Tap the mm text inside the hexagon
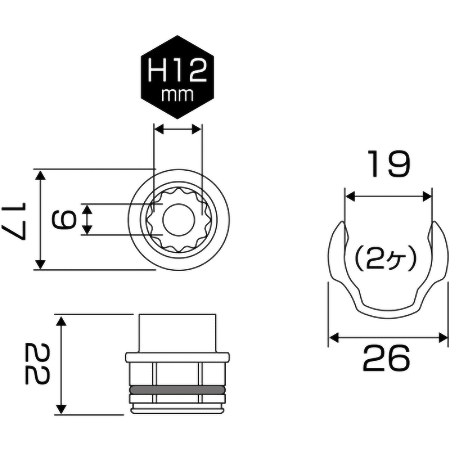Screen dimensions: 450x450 [177, 95]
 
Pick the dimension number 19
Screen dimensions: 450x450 [388, 164]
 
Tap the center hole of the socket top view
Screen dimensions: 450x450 [178, 220]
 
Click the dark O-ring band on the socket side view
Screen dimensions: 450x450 [178, 390]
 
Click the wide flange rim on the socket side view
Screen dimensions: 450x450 [178, 357]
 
